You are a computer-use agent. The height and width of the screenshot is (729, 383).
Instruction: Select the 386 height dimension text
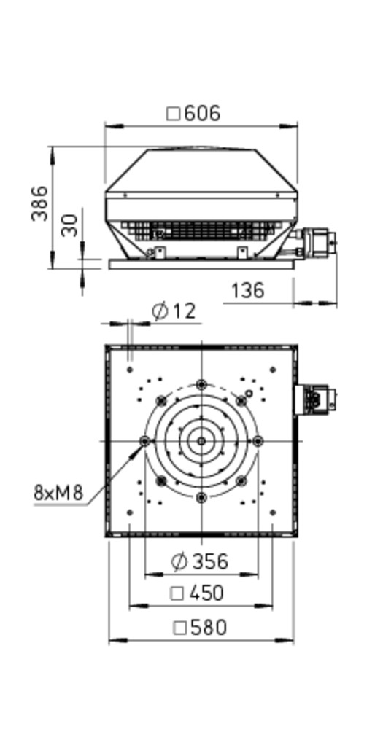[x=39, y=203]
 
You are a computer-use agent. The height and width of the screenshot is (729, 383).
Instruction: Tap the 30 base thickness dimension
[x=70, y=225]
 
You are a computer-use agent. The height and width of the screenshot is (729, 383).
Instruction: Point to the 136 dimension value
[x=247, y=291]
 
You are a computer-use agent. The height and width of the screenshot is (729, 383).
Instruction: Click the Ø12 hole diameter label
[x=174, y=311]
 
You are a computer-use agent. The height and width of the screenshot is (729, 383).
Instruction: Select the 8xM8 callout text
[x=58, y=492]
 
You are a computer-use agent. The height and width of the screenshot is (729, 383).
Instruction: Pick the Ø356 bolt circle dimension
[x=200, y=561]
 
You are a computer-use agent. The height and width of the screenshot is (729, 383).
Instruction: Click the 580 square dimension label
[x=200, y=628]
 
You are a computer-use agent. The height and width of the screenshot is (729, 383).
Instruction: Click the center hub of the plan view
[x=201, y=441]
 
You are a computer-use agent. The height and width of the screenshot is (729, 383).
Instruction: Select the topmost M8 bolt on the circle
[x=201, y=384]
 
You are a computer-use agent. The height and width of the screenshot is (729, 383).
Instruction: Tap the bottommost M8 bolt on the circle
[x=201, y=497]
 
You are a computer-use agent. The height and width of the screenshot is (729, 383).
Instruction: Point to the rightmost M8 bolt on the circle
[x=258, y=441]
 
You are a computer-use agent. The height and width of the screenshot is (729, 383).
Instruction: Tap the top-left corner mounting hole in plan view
[x=130, y=370]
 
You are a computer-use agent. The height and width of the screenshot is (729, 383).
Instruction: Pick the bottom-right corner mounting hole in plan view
[x=273, y=512]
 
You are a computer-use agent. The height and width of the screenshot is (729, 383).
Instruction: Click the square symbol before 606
[x=173, y=114]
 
